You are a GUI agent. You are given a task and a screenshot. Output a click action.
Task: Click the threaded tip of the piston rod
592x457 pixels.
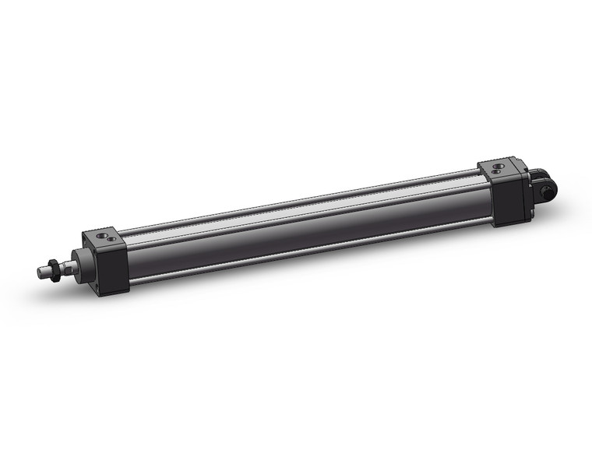pyautogui.click(x=43, y=272)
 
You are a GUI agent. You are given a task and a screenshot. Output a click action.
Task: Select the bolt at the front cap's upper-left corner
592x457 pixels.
pyautogui.click(x=84, y=240)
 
